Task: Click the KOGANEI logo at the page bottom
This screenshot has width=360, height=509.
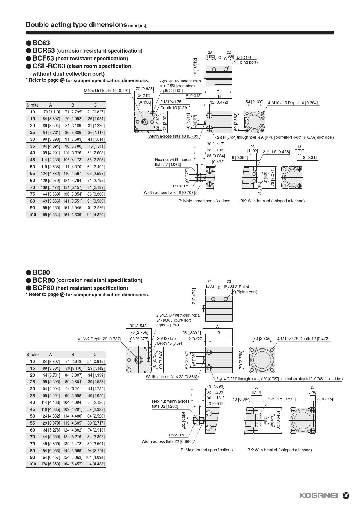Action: coord(318,496)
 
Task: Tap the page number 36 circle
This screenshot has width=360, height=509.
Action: coord(346,495)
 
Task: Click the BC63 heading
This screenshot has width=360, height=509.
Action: coord(41,43)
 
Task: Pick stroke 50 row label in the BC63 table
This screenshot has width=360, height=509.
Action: coord(32,167)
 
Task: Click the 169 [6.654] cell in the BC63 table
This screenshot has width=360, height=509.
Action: coord(50,215)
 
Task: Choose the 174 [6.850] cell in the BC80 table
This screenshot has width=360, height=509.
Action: coord(50,464)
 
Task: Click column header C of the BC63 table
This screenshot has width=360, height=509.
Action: coord(95,105)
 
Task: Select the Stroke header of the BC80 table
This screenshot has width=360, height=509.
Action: coord(32,354)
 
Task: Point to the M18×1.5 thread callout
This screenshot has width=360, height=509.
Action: coord(180,186)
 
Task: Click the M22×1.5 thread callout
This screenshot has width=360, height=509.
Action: coord(176,435)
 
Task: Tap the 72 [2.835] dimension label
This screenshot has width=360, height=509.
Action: coord(145,89)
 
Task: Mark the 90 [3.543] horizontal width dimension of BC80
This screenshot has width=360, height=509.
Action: coord(138,326)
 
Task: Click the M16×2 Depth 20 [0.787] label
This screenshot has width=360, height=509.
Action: coord(99,339)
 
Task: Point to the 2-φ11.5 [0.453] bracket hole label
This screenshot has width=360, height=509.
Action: coord(276,152)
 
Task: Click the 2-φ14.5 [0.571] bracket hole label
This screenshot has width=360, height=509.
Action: coord(282,399)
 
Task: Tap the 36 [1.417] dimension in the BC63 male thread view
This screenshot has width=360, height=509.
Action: coord(215,144)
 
